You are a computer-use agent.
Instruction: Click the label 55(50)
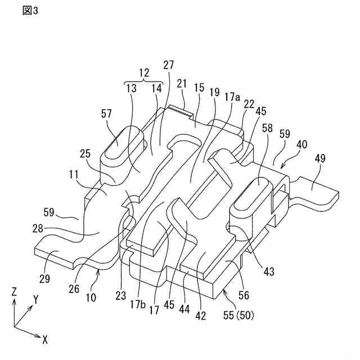click(239, 315)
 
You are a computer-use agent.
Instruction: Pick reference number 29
click(48, 256)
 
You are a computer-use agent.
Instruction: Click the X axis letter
click(44, 339)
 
